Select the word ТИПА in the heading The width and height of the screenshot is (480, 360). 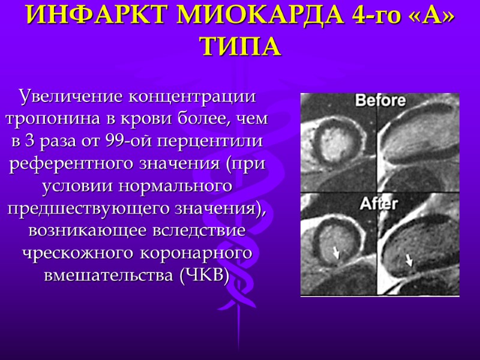click(x=241, y=46)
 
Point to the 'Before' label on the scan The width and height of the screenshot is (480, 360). click(x=380, y=101)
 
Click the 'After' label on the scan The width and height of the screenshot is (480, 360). click(x=378, y=203)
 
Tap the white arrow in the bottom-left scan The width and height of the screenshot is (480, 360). click(x=336, y=252)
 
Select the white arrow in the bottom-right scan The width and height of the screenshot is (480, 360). click(x=409, y=260)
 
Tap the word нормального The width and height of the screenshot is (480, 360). click(x=172, y=187)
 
